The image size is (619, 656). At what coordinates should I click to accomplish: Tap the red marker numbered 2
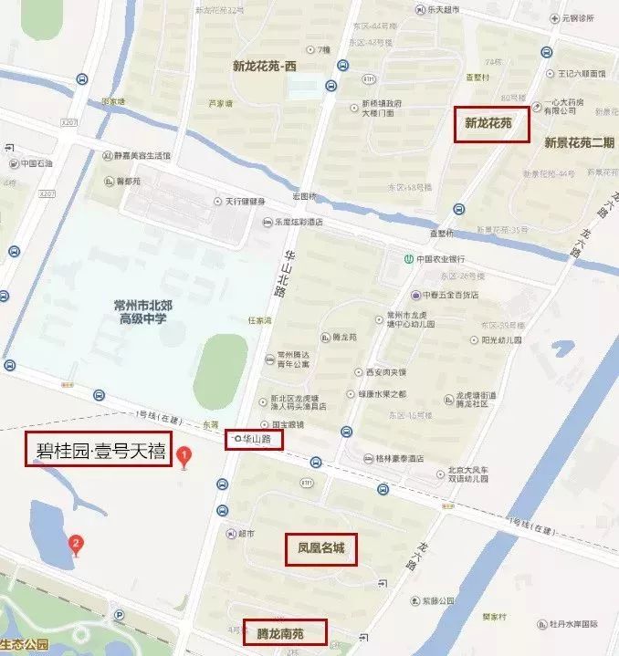[x=77, y=545]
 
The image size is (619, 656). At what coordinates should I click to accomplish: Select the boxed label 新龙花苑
[x=491, y=122]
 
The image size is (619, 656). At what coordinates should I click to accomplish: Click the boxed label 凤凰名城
[x=320, y=549]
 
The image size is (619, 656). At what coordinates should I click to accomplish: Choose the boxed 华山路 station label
[x=255, y=440]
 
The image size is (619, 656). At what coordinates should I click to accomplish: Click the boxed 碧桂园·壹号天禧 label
[x=99, y=449]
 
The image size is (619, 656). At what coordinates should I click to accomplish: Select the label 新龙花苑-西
[x=266, y=66]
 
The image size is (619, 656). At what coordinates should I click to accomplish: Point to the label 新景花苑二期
[x=579, y=142]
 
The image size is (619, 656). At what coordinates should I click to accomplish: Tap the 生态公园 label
[x=23, y=646]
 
